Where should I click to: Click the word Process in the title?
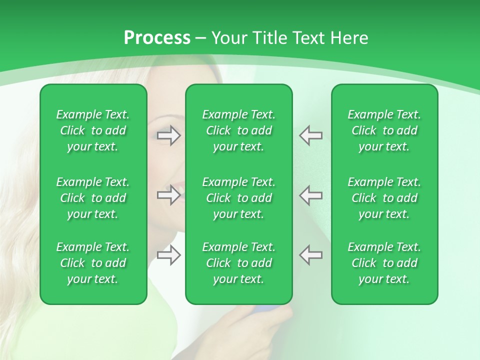click(x=157, y=38)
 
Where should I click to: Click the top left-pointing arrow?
click(x=310, y=135)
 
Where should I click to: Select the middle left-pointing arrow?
click(x=310, y=195)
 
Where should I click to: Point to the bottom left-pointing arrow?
click(x=310, y=255)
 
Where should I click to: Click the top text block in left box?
click(x=93, y=130)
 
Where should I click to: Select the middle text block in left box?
click(x=93, y=198)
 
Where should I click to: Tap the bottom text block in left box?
click(x=93, y=263)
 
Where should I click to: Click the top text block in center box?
click(x=238, y=130)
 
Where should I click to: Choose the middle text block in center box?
click(x=238, y=198)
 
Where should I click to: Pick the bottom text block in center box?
click(x=238, y=263)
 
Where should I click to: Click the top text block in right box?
click(x=384, y=130)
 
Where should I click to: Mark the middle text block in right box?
click(x=384, y=198)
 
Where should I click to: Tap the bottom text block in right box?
click(x=384, y=263)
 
